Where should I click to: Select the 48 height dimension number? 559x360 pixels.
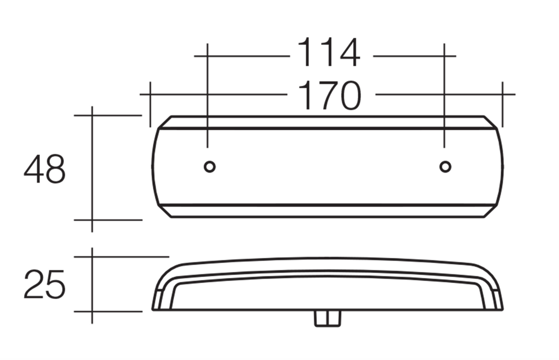pos(45,169)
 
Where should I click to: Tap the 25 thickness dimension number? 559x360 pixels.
pos(44,285)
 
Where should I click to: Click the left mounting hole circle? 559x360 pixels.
pos(210,167)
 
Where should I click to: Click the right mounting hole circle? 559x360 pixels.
pos(445,167)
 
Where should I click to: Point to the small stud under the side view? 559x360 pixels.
pos(327,318)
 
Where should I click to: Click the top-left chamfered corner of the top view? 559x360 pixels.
pos(164,122)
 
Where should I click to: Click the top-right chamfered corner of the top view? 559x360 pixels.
pos(491,122)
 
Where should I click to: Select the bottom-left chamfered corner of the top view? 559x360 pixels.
pos(164,211)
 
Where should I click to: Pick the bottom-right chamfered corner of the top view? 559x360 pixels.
pos(491,211)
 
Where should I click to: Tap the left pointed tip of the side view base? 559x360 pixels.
pos(153,309)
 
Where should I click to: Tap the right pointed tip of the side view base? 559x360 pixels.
pos(502,309)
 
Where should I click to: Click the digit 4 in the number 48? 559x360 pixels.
pos(34,169)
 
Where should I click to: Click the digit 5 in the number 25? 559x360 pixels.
pos(55,285)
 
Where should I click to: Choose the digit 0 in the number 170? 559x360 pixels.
pos(348,95)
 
